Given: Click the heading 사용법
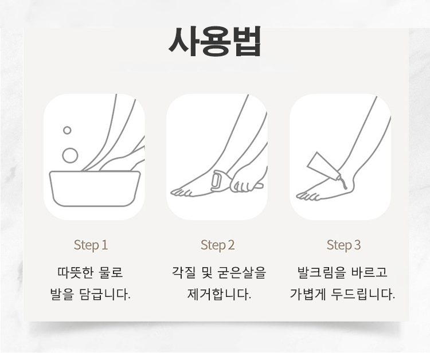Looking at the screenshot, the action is pyautogui.click(x=214, y=41).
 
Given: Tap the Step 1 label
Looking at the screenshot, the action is pyautogui.click(x=91, y=245).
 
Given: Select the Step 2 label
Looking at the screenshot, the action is pyautogui.click(x=218, y=245).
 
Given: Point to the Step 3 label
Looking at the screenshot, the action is pyautogui.click(x=343, y=245).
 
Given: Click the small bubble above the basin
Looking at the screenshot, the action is pyautogui.click(x=67, y=130).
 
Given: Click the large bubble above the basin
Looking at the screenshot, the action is pyautogui.click(x=70, y=155).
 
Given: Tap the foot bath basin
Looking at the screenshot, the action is pyautogui.click(x=95, y=189).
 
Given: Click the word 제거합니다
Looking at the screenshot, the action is pyautogui.click(x=219, y=294).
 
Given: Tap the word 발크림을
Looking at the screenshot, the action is pyautogui.click(x=318, y=272).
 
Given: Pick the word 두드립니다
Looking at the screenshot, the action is pyautogui.click(x=363, y=294).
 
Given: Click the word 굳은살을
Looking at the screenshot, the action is pyautogui.click(x=241, y=272).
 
